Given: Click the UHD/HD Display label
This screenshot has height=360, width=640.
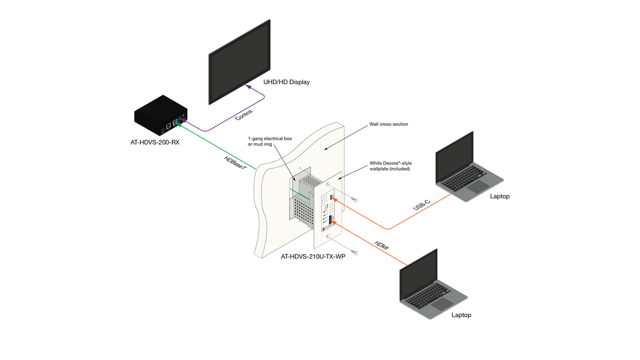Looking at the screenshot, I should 286,82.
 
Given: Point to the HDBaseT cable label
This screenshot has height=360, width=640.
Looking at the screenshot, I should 235,161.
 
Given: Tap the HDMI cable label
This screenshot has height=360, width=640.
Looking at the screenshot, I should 381,246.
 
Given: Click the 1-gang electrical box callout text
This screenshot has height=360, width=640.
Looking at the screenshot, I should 270,141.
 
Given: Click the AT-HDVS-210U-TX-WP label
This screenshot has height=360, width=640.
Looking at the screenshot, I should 313,257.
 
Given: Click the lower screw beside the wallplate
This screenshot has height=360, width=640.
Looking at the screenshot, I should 352,249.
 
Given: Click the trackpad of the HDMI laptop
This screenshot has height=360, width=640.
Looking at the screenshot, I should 442,304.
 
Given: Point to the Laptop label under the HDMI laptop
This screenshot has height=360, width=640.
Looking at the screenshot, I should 461,315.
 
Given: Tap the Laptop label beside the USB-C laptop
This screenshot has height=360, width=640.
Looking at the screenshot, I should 500,196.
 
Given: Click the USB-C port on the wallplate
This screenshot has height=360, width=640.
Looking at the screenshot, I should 333,198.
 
